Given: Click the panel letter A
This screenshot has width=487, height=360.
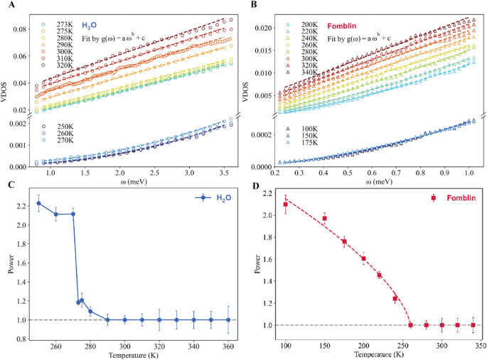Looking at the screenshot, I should [6, 6].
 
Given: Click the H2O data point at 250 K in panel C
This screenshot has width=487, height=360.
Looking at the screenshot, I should [38, 203].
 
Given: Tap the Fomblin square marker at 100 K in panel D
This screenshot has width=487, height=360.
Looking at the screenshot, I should [286, 204].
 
